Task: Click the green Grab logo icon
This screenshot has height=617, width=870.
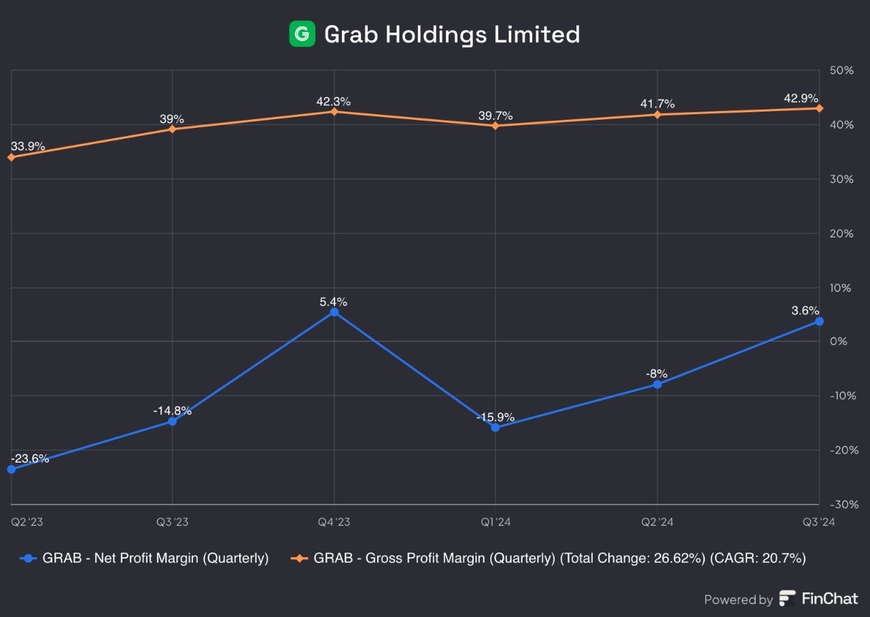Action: pos(302,34)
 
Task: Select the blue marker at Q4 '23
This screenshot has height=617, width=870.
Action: pos(334,312)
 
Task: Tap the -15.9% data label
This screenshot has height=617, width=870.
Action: pos(495,417)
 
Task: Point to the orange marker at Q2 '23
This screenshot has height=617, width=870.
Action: pos(11,157)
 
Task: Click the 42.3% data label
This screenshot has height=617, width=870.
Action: pos(333,101)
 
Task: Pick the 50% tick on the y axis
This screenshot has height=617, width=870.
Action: pos(841,71)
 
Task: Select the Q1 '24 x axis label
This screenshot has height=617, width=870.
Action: pos(495,522)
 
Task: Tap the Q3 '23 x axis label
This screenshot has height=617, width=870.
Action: pos(172,522)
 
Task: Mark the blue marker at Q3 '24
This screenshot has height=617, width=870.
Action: pos(819,321)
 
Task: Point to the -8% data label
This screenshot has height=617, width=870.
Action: pos(657,373)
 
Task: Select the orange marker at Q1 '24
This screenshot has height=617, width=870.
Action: pos(495,125)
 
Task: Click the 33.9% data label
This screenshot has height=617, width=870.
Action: pos(28,146)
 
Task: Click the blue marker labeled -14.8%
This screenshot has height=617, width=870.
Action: pos(172,422)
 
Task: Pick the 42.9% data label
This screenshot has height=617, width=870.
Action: pos(801,99)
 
